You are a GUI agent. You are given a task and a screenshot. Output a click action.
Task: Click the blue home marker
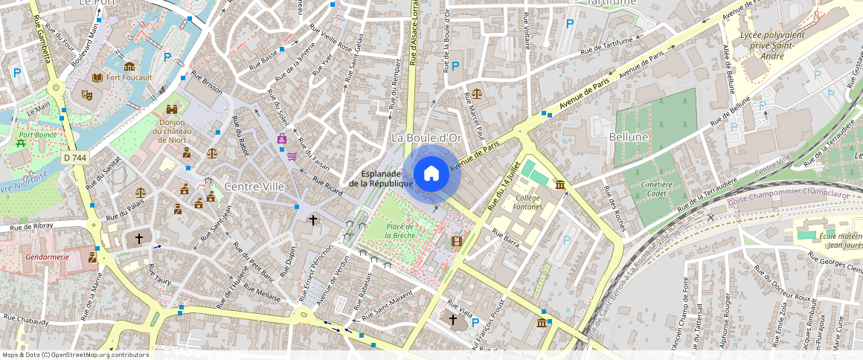(431, 174)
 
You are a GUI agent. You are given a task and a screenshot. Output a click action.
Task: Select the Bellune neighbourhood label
(629, 138)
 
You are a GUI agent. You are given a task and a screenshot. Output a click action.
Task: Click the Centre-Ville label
(254, 187)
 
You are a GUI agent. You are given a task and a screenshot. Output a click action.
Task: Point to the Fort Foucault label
(129, 77)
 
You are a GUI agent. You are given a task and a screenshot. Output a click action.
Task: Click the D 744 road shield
(75, 158)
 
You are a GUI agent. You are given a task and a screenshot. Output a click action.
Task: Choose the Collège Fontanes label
(527, 202)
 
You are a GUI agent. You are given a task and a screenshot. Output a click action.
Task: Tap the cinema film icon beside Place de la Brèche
(455, 241)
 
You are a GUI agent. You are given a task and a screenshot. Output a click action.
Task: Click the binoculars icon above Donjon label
(172, 109)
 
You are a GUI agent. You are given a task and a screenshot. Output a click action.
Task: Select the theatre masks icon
(87, 95)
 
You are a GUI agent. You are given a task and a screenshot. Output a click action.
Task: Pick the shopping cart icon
(292, 156)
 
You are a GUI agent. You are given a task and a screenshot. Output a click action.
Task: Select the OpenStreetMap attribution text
(75, 355)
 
